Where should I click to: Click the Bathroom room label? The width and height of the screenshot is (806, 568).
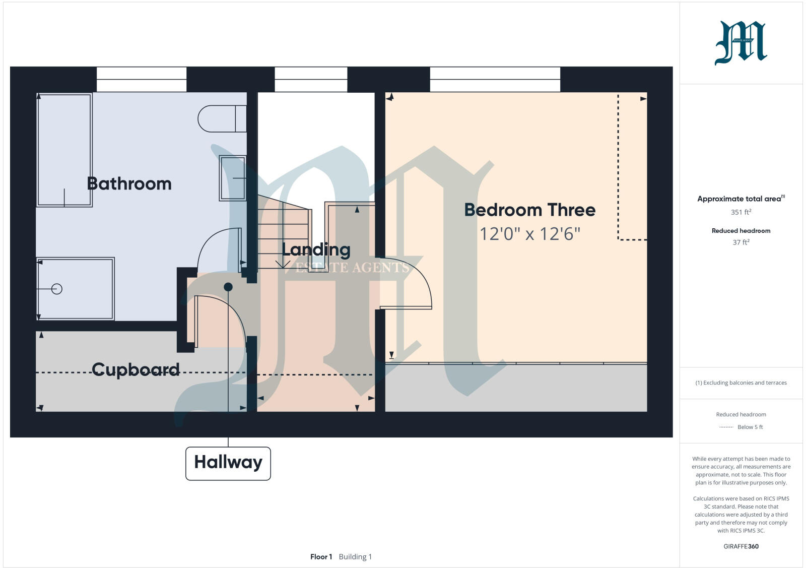click(x=129, y=183)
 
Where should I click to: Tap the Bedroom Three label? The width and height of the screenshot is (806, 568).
click(x=529, y=210)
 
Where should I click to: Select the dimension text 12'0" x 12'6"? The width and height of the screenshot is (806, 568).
click(x=529, y=234)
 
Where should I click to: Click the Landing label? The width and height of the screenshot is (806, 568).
click(x=316, y=249)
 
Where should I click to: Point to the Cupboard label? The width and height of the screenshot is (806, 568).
click(x=136, y=369)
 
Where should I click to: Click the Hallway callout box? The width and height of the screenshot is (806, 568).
click(x=228, y=463)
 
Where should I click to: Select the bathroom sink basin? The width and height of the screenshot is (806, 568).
click(x=233, y=178)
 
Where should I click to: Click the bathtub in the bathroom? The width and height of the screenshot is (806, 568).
click(x=64, y=150)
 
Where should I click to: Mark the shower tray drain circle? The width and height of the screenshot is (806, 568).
click(x=57, y=289)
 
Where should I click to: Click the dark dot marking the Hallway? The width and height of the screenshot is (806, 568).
click(x=228, y=287)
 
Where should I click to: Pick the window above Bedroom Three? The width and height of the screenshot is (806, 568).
click(x=495, y=80)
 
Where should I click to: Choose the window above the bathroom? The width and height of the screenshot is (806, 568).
click(x=141, y=80)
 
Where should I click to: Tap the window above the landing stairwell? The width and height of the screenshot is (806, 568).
click(x=311, y=80)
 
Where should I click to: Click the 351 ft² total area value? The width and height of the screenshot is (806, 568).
click(x=741, y=212)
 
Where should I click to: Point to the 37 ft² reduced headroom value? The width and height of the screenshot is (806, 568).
click(x=741, y=242)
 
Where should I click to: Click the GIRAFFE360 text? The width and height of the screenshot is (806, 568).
click(x=741, y=546)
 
